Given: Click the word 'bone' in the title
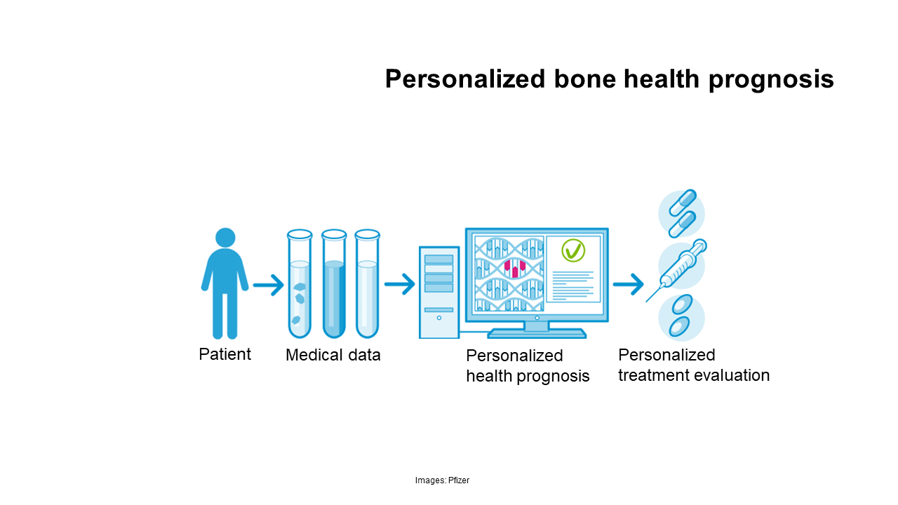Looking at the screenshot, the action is pyautogui.click(x=585, y=79).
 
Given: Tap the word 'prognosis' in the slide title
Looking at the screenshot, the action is pyautogui.click(x=771, y=80).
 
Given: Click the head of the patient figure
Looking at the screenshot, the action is pyautogui.click(x=225, y=238).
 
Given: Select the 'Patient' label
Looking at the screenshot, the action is pyautogui.click(x=225, y=354).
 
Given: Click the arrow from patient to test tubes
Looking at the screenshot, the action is pyautogui.click(x=269, y=285).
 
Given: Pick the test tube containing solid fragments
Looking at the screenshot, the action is pyautogui.click(x=300, y=284).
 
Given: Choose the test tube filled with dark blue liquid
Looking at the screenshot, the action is pyautogui.click(x=334, y=284).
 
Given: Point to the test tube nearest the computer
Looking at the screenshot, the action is pyautogui.click(x=367, y=284).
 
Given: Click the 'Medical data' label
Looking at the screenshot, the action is pyautogui.click(x=333, y=355).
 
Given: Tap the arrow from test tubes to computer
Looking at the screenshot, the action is pyautogui.click(x=400, y=284).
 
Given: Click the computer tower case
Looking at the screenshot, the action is pyautogui.click(x=439, y=292).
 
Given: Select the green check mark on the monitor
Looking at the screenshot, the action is pyautogui.click(x=573, y=250).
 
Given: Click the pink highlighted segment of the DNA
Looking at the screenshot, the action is pyautogui.click(x=515, y=268).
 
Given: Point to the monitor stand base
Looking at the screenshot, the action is pyautogui.click(x=537, y=333).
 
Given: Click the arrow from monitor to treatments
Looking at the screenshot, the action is pyautogui.click(x=628, y=284).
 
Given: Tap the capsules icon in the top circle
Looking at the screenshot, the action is pyautogui.click(x=682, y=214).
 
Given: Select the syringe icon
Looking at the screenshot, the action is pyautogui.click(x=677, y=271).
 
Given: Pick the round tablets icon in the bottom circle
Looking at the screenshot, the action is pyautogui.click(x=681, y=316).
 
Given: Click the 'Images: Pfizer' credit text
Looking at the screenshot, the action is pyautogui.click(x=442, y=480).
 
